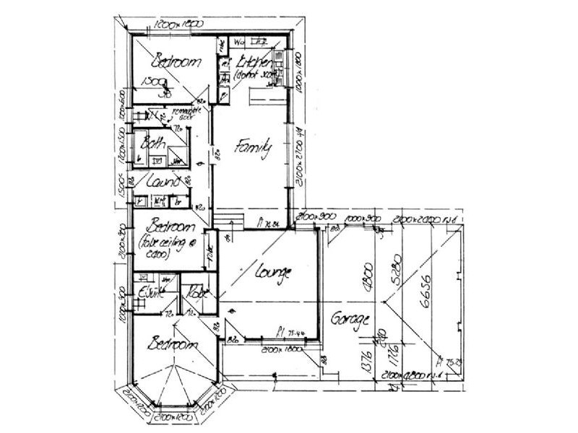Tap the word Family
[x=255, y=149]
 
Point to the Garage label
[x=351, y=318]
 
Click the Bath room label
[x=154, y=143]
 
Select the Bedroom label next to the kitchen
[x=174, y=63]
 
